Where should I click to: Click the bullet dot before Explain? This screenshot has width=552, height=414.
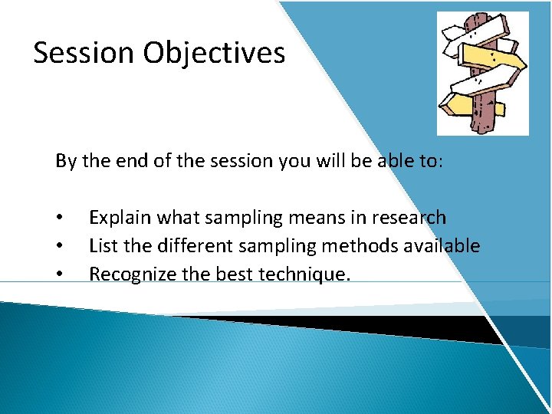pos(59,219)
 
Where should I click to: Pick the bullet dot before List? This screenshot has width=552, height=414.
pos(59,247)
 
